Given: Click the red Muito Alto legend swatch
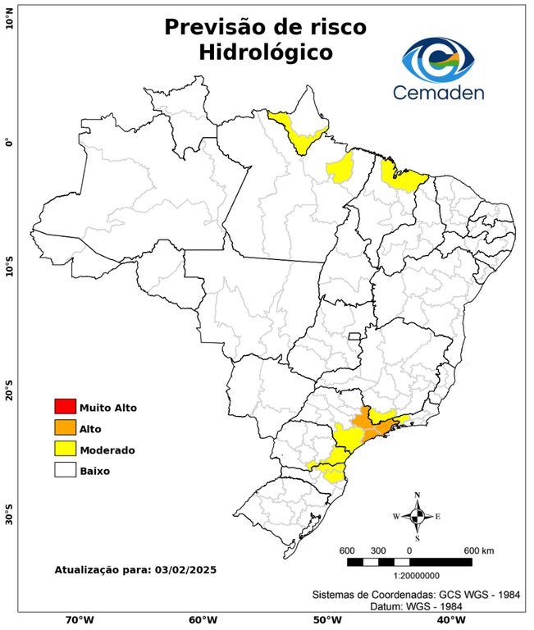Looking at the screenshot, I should (65, 406).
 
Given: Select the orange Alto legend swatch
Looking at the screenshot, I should (65, 427).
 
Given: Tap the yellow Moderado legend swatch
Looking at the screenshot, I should (65, 449).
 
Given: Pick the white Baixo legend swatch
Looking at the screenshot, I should (65, 470).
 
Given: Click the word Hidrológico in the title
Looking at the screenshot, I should (265, 52).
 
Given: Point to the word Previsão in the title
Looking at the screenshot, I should (212, 26).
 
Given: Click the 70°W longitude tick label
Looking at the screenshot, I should (79, 620).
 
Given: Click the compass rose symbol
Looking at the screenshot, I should (417, 516).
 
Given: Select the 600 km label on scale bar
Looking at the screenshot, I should (479, 550).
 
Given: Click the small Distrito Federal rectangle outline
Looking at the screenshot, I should (355, 336).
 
